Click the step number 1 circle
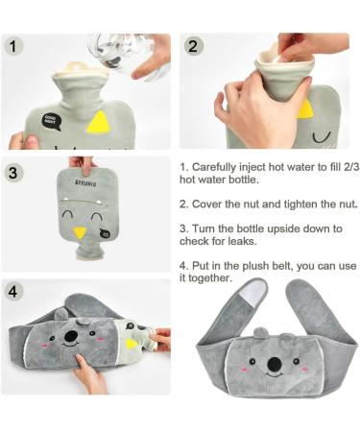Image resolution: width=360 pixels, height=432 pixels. tap(13, 46)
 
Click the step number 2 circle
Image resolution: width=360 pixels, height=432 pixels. tap(193, 46)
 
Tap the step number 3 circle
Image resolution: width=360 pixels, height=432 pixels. tap(13, 173)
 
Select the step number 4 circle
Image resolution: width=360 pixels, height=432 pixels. tap(13, 292)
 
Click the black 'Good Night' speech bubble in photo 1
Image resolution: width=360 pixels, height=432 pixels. tap(51, 122)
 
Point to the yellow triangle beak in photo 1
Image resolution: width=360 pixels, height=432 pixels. tap(99, 122)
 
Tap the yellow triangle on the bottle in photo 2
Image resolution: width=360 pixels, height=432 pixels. tap(305, 109)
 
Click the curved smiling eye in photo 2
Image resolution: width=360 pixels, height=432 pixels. tap(322, 137)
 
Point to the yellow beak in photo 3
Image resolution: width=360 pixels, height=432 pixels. tap(79, 232)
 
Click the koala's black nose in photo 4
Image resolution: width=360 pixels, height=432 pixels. tap(71, 336)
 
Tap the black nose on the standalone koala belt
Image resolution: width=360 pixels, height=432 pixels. tap(275, 363)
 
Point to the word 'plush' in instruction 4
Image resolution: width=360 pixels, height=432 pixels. tap(255, 266)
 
